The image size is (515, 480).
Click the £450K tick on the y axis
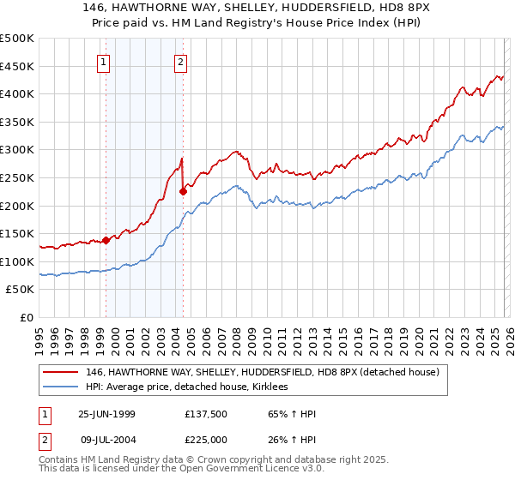pyautogui.click(x=17, y=66)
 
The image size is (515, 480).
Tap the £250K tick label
pyautogui.click(x=17, y=177)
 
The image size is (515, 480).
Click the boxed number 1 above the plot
pyautogui.click(x=103, y=61)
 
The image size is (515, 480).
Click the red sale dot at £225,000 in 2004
pyautogui.click(x=183, y=192)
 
